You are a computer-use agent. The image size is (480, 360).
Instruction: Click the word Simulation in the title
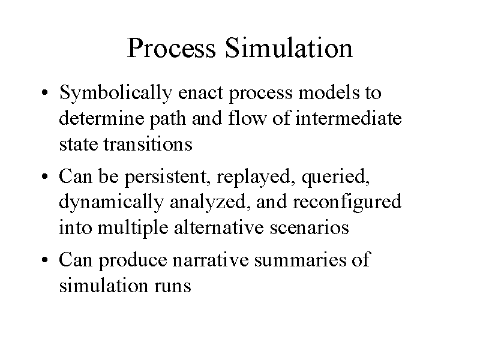289,48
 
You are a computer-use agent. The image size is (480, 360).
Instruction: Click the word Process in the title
172,48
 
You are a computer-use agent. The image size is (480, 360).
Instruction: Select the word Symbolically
116,93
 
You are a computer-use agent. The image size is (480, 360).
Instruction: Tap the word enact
200,92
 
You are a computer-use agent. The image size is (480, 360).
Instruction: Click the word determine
101,118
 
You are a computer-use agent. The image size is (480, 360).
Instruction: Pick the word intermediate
349,118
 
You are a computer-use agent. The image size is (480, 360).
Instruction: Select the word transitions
148,143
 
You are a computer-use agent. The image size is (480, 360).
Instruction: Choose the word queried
335,178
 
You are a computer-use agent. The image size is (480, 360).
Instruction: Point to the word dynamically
111,203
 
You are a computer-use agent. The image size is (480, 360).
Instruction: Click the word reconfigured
347,203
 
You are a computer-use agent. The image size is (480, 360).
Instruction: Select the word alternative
218,227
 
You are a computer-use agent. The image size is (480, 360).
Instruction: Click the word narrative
211,260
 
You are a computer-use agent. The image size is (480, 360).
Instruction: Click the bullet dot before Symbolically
44,92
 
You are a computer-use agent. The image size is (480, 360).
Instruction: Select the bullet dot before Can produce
44,260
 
